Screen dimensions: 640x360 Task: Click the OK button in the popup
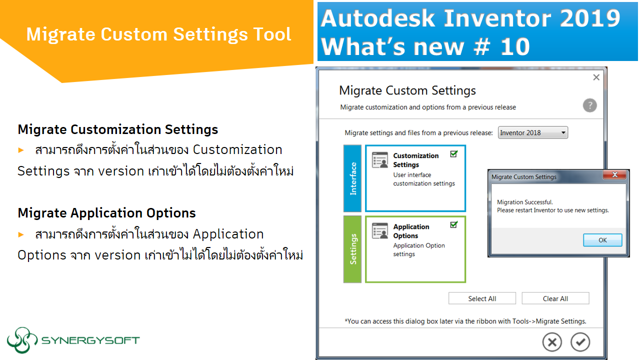point(602,240)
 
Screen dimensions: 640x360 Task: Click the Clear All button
point(555,298)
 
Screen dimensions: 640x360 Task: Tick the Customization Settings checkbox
point(453,154)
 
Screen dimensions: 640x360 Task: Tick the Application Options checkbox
point(453,225)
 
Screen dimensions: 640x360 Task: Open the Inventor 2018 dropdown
point(533,132)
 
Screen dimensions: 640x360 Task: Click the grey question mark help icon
point(589,105)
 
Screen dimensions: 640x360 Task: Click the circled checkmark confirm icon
point(580,342)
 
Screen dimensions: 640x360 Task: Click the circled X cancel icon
point(552,342)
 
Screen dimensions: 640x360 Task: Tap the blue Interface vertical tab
point(352,178)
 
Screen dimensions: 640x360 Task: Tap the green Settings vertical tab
point(352,249)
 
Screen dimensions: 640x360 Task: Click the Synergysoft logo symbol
point(22,340)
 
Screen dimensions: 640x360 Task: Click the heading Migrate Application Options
point(106,213)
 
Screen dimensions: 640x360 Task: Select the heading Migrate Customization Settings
point(117,129)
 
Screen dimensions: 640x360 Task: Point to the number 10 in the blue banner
point(513,46)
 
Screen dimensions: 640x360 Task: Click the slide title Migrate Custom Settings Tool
point(158,34)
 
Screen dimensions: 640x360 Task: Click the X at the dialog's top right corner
point(595,77)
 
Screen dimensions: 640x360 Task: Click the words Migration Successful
point(524,202)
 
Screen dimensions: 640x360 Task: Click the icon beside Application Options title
point(380,231)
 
